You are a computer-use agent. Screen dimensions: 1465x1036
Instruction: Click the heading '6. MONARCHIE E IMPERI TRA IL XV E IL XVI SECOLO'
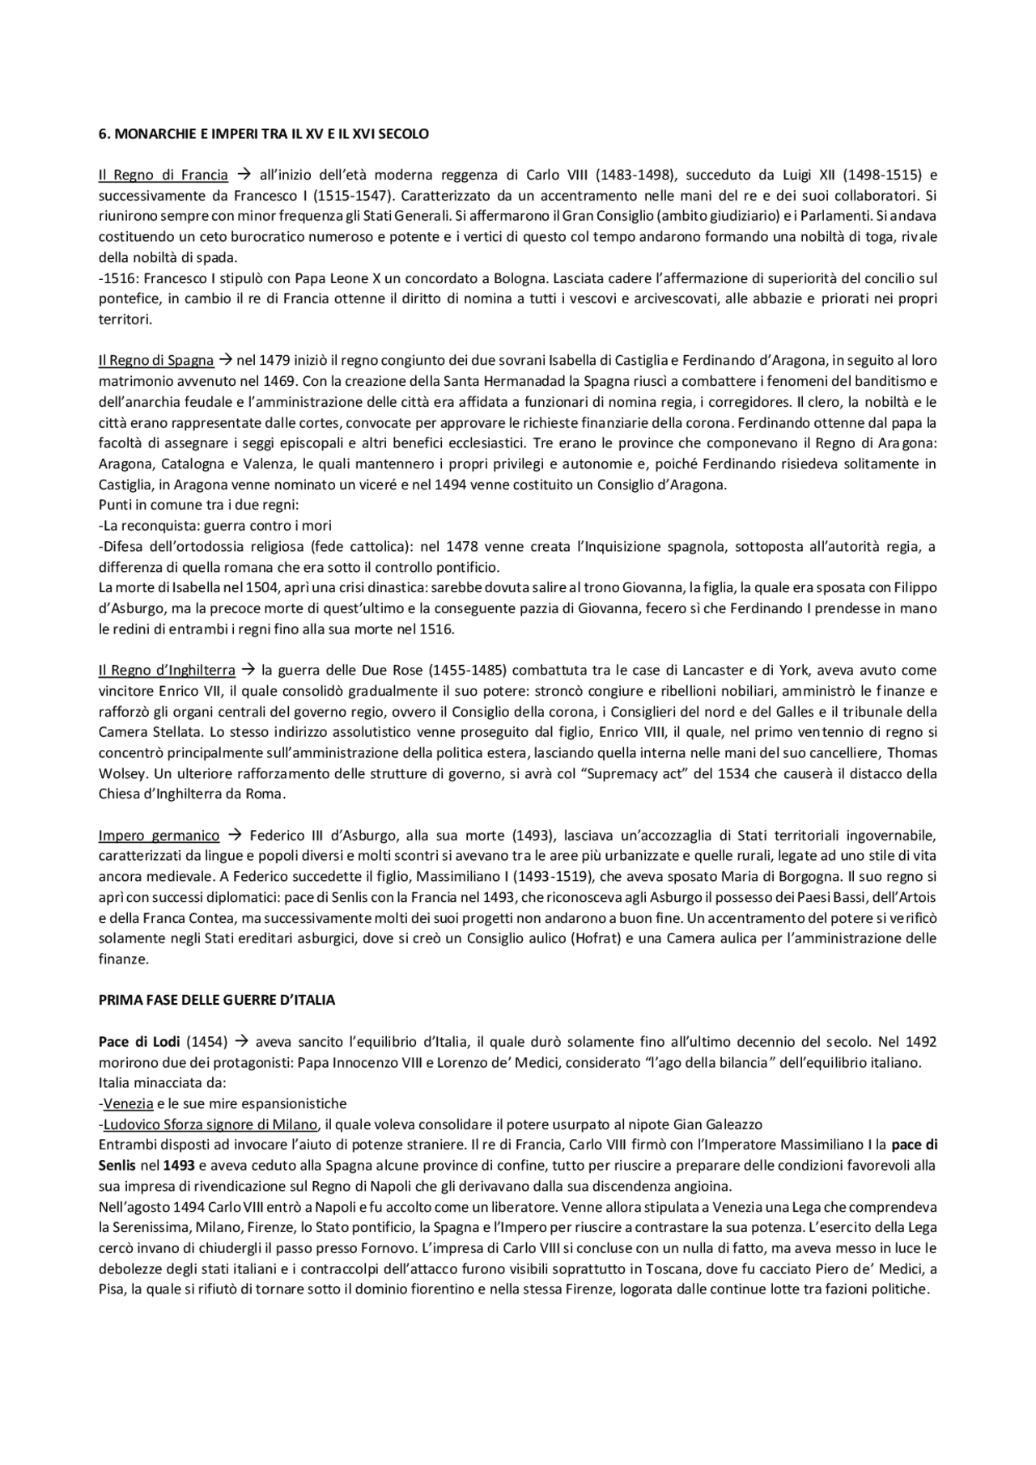click(x=263, y=134)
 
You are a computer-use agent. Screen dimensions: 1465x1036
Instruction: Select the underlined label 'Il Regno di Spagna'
click(x=156, y=361)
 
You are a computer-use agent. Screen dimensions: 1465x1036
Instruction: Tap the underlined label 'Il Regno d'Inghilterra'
click(x=167, y=671)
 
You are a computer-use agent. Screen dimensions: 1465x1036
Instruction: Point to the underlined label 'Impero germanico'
click(x=159, y=836)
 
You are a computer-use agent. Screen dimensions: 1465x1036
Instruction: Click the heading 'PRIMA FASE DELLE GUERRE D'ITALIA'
click(x=216, y=1001)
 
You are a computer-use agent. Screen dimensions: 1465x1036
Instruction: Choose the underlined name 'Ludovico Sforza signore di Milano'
click(x=210, y=1125)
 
